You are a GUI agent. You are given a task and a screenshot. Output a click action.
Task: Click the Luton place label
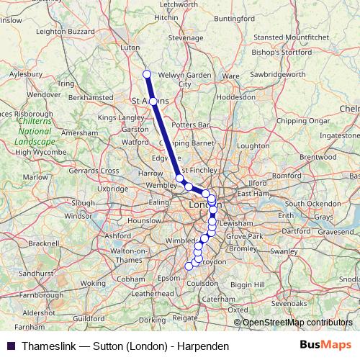click(x=130, y=48)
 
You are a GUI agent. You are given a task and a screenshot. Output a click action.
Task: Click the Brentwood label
click(x=318, y=156)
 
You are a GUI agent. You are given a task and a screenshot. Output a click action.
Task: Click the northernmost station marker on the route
click(x=147, y=73)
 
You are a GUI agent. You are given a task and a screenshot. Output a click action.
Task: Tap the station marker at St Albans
click(x=153, y=102)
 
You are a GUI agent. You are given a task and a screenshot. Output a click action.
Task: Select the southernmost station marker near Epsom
click(x=189, y=266)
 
